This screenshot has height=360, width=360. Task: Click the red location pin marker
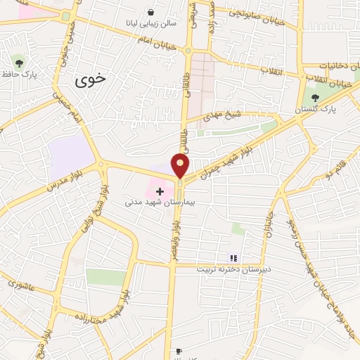(x=181, y=165)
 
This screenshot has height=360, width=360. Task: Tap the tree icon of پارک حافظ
(x=18, y=63)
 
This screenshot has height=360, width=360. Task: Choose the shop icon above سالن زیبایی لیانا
(x=151, y=12)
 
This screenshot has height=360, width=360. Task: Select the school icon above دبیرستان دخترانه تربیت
(x=234, y=258)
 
